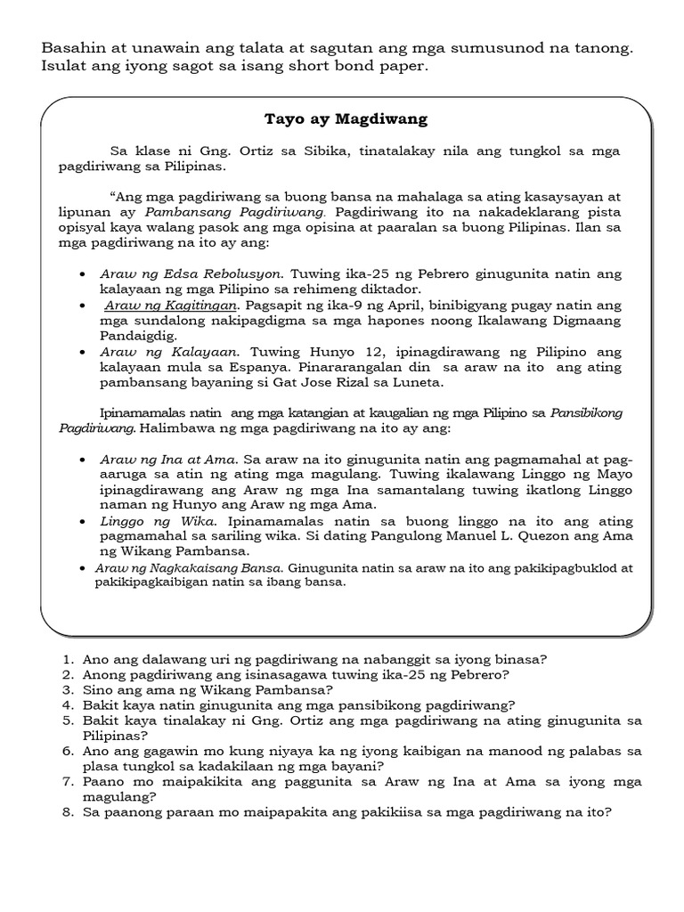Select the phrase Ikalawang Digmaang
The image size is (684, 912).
(558, 321)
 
